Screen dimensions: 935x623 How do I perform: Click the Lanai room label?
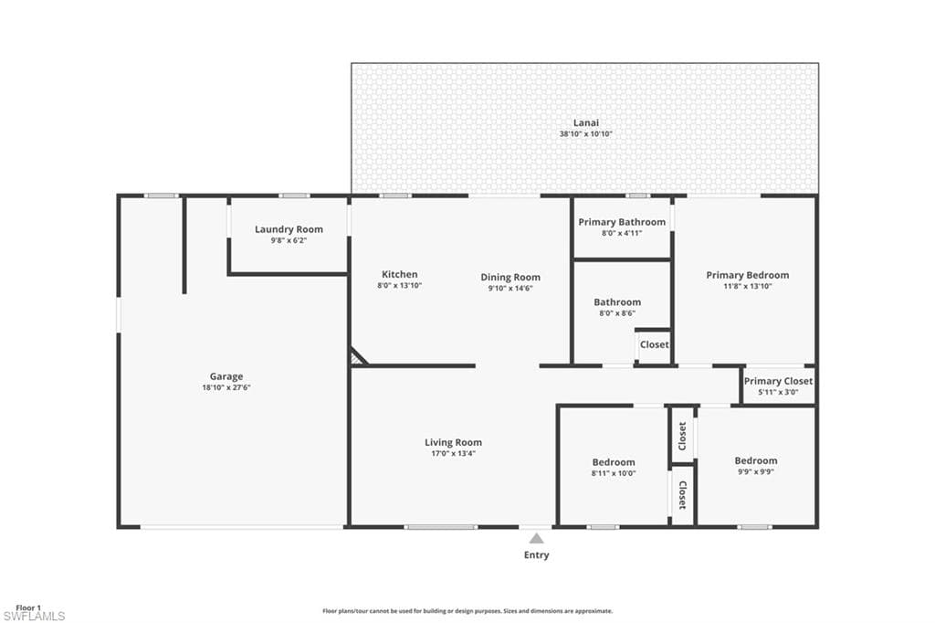(x=586, y=123)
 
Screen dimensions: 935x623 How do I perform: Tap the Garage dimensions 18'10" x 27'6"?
(x=226, y=387)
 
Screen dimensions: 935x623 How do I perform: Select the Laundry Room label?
(x=289, y=229)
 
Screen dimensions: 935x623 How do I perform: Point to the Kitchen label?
(x=400, y=274)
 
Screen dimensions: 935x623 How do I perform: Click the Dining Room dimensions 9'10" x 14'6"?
(x=510, y=289)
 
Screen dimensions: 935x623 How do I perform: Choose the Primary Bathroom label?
(x=622, y=222)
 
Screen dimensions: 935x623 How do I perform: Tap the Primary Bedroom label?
(x=748, y=275)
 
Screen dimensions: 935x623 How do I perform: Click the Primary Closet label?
(x=778, y=381)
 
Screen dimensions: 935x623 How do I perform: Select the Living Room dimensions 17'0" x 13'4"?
(x=453, y=453)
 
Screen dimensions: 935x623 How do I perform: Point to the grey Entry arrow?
(x=537, y=539)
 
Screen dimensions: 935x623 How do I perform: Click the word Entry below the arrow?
(x=537, y=555)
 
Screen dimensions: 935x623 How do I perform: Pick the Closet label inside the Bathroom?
(x=654, y=345)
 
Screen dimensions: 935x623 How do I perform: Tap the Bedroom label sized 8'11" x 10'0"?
(x=614, y=462)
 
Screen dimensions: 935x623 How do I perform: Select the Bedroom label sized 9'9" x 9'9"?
(x=756, y=460)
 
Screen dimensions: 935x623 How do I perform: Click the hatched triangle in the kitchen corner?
(x=357, y=356)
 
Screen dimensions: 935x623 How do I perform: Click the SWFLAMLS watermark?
(x=34, y=617)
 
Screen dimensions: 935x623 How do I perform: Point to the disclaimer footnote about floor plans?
(x=467, y=611)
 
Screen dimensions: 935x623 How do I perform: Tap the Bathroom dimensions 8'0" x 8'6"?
(x=617, y=313)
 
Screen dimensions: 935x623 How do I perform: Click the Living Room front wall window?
(x=441, y=527)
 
